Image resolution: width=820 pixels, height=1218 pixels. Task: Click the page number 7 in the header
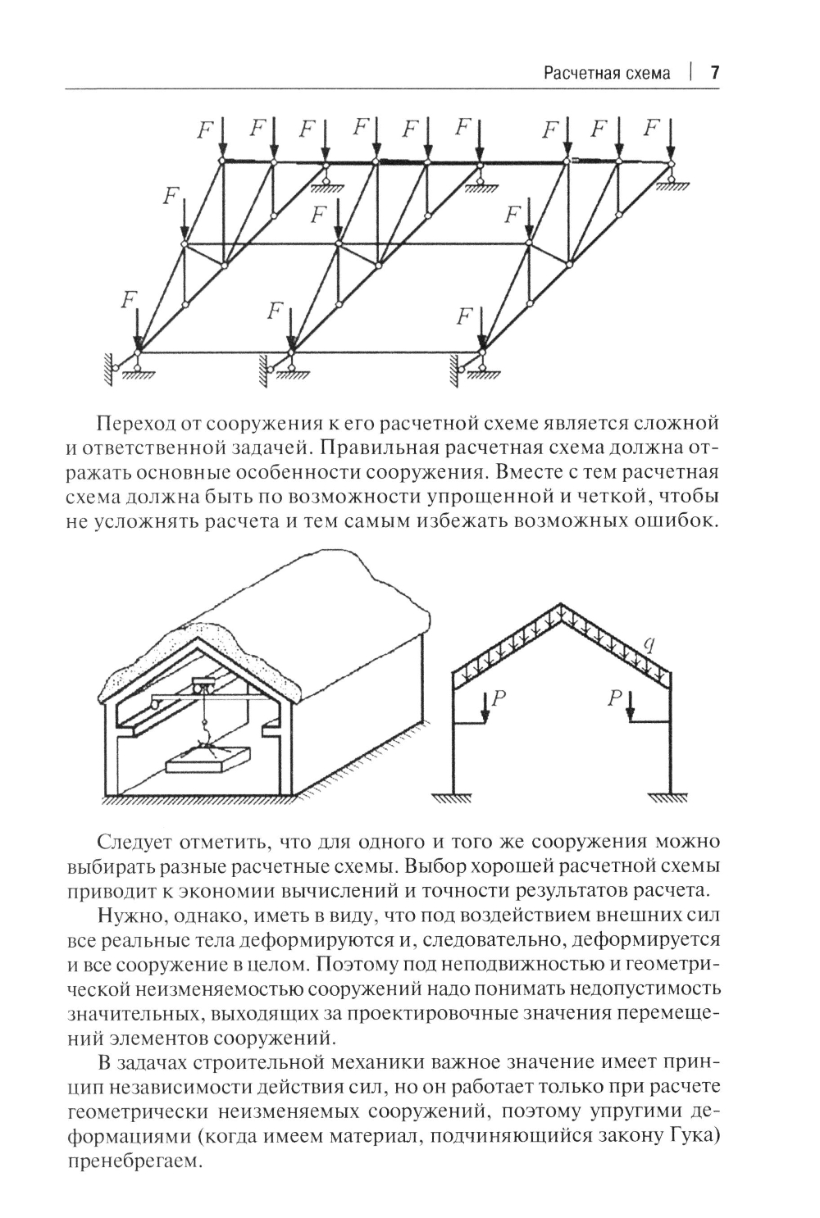coord(714,73)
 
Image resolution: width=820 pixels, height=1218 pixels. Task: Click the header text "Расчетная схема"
coord(607,74)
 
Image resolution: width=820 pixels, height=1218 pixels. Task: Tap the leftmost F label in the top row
coord(206,129)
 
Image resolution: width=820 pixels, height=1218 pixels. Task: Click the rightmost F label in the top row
coord(653,128)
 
